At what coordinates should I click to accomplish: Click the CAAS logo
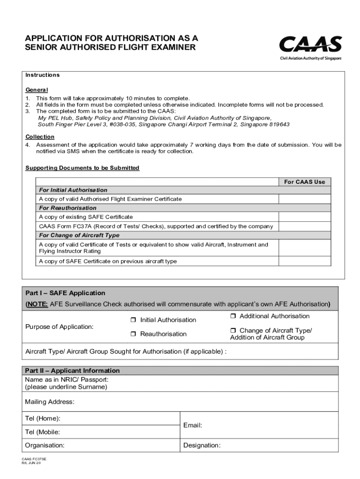[x=310, y=46]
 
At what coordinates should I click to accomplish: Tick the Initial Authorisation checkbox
[x=133, y=320]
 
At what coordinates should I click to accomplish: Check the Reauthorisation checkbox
[x=133, y=334]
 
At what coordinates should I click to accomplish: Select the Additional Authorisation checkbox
[x=233, y=317]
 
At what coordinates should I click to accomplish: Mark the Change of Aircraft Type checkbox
[x=233, y=331]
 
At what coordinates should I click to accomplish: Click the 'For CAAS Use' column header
[x=304, y=181]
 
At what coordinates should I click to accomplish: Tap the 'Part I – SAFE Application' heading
[x=65, y=293]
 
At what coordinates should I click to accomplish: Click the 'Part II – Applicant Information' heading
[x=72, y=370]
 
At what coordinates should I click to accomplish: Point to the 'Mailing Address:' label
[x=50, y=402]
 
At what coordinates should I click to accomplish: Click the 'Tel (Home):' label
[x=43, y=418]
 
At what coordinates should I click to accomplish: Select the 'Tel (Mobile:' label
[x=42, y=432]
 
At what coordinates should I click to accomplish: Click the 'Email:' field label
[x=193, y=425]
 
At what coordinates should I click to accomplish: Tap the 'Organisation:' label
[x=45, y=445]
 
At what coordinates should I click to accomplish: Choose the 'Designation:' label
[x=202, y=445]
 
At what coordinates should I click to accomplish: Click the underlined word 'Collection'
[x=40, y=137]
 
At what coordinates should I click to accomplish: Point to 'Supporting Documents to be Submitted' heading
[x=82, y=168]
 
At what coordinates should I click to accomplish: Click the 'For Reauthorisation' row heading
[x=68, y=208]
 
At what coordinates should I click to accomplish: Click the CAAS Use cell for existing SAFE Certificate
[x=304, y=217]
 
